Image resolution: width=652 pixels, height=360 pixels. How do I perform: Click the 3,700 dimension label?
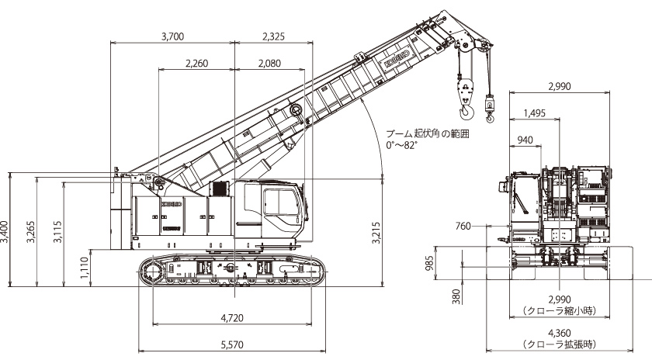pos(172,36)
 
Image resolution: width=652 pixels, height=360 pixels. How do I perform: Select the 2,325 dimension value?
pos(273,36)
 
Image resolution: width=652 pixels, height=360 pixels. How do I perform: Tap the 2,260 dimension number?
pos(196,64)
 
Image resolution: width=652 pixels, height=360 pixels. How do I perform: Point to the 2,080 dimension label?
pos(269,64)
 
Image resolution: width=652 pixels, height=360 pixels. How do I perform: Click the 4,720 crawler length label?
pos(232,318)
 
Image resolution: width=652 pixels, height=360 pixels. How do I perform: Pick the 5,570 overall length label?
pos(232,344)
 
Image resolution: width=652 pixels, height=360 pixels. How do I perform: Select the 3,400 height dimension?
pos(5,233)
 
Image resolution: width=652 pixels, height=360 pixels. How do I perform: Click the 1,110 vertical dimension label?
pos(84,268)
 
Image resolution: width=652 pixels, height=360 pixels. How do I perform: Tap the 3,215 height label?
pos(376,234)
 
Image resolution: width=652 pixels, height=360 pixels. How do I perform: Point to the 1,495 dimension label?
pos(535,113)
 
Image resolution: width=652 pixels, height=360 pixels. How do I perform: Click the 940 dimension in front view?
pos(525,140)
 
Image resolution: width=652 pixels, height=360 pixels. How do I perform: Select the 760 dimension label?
pos(463,226)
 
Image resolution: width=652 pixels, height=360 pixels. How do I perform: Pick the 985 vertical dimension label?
pos(430,263)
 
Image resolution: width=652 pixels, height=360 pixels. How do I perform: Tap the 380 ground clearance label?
pos(456,296)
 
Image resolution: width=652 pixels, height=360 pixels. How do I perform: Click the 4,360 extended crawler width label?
pos(560,334)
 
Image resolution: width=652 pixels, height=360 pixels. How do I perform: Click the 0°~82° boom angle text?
pos(401,146)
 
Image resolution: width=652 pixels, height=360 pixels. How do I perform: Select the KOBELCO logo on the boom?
pos(397,57)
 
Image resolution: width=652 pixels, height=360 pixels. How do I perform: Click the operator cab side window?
pos(282,202)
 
